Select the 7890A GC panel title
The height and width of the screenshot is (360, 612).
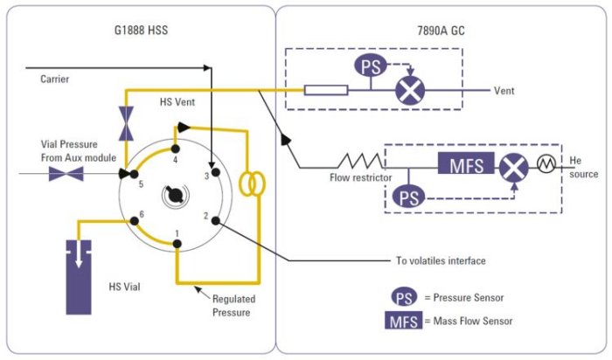pyautogui.click(x=442, y=32)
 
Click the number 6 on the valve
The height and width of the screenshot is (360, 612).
pyautogui.click(x=140, y=214)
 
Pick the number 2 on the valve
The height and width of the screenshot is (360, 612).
pyautogui.click(x=205, y=215)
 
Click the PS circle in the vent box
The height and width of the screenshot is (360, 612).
pyautogui.click(x=369, y=66)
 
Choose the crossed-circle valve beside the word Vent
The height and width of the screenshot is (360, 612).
pyautogui.click(x=407, y=90)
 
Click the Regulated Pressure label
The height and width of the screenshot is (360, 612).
pyautogui.click(x=233, y=305)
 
